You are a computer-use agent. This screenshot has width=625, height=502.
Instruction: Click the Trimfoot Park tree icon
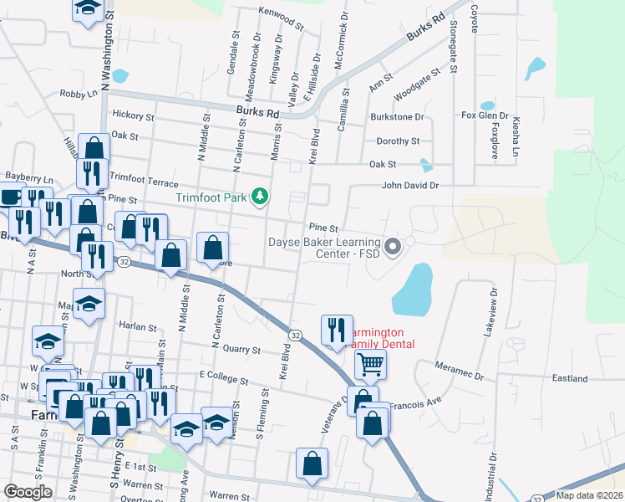261,197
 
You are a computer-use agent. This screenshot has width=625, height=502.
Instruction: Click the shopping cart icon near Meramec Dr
370,363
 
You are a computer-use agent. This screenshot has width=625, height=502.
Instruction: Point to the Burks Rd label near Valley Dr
257,111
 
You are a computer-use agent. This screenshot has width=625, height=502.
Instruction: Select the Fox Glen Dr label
485,115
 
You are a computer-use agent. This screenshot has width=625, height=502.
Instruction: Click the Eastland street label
570,378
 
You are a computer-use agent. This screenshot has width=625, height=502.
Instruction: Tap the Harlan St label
138,325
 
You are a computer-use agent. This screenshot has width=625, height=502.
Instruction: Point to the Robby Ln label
79,95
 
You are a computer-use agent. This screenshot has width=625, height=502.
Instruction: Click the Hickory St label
133,116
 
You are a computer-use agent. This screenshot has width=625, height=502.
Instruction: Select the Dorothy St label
398,141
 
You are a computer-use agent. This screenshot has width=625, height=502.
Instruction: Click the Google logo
28,492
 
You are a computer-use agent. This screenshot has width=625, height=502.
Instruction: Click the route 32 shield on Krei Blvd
295,335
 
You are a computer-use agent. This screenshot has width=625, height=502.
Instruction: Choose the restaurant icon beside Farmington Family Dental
337,328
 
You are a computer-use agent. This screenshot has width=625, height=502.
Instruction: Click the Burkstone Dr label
398,118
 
